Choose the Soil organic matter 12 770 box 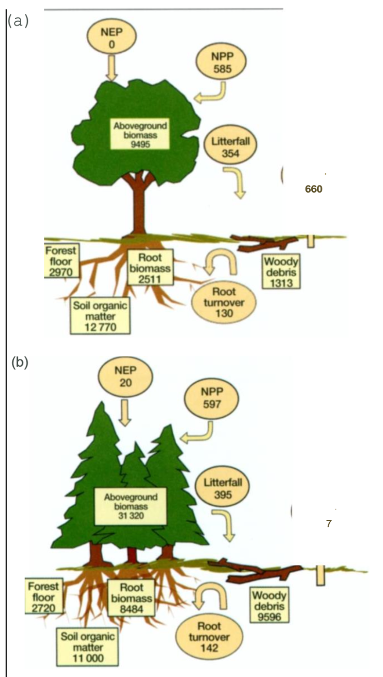point(100,316)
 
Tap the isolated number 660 point(314,189)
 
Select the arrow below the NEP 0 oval point(112,68)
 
